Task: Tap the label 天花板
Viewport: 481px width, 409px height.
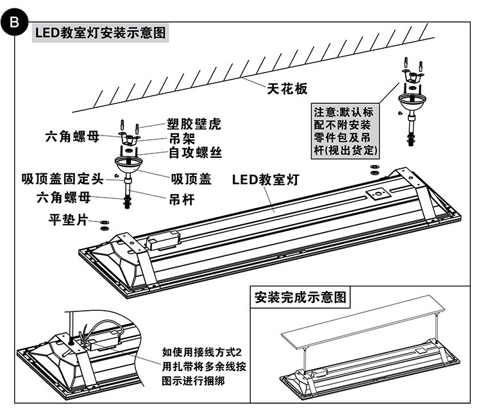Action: tap(287, 89)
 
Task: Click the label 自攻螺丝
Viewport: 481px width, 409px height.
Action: tap(195, 153)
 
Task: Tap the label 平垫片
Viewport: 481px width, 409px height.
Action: tap(68, 220)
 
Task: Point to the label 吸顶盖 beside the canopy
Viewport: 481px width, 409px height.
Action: tap(191, 178)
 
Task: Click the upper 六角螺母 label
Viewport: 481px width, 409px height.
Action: tap(72, 136)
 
